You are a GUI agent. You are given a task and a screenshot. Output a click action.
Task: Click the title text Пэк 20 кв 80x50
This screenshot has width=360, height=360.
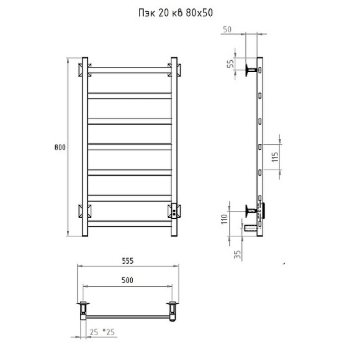(x=176, y=13)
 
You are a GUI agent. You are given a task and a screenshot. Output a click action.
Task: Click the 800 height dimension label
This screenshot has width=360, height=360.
(x=60, y=147)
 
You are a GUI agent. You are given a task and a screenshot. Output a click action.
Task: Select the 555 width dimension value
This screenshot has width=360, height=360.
(x=128, y=261)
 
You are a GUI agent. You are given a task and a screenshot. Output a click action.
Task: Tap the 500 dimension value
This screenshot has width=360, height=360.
(x=127, y=280)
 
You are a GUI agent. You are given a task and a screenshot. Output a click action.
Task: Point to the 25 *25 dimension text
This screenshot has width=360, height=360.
(x=102, y=332)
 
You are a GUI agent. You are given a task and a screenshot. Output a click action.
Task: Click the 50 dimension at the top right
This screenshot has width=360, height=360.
(x=227, y=29)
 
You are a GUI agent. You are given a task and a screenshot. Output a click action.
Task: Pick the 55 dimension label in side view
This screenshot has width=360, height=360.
(x=230, y=63)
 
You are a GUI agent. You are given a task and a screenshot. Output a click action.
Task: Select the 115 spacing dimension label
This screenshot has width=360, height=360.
(x=275, y=157)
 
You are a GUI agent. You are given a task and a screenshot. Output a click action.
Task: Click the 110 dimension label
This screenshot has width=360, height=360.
(x=224, y=219)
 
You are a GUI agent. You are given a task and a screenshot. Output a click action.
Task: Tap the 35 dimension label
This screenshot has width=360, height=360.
(x=237, y=254)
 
